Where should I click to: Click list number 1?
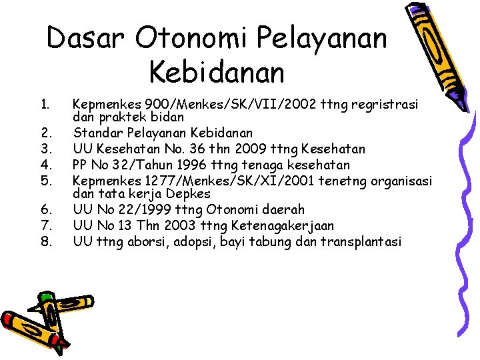44,105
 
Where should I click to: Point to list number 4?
45,165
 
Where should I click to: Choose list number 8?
45,241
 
